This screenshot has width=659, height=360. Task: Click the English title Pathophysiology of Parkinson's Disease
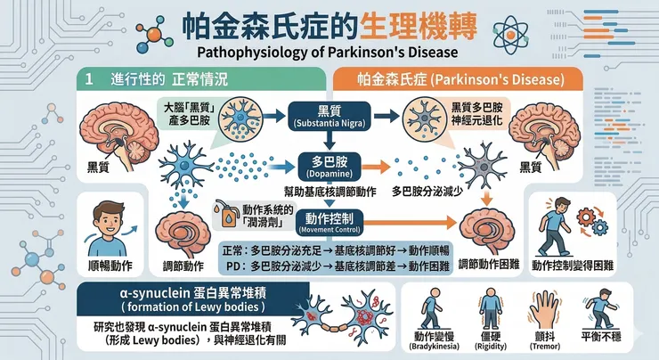coord(329,52)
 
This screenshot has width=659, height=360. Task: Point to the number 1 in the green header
coord(90,78)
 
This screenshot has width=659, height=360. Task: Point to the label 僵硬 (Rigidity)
coord(492,340)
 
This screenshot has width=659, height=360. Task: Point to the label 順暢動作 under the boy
coord(110,265)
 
